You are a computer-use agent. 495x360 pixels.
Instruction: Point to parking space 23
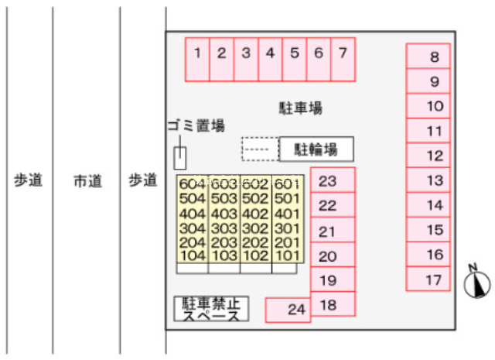pyautogui.click(x=333, y=181)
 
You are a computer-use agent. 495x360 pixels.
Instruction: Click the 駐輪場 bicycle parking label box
pyautogui.click(x=316, y=149)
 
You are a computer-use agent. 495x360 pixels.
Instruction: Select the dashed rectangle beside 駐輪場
pyautogui.click(x=259, y=149)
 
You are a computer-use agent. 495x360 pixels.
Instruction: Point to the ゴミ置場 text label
pyautogui.click(x=196, y=125)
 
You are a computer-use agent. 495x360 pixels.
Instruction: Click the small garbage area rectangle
pyautogui.click(x=179, y=158)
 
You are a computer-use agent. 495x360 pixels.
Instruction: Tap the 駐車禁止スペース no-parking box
pyautogui.click(x=211, y=309)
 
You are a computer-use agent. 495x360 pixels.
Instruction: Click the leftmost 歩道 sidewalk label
pyautogui.click(x=29, y=180)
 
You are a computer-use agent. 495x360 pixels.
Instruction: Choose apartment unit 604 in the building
pyautogui.click(x=192, y=184)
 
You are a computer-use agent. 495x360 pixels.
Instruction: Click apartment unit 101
pyautogui.click(x=286, y=255)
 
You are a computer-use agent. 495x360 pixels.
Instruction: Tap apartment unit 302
pyautogui.click(x=254, y=228)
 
